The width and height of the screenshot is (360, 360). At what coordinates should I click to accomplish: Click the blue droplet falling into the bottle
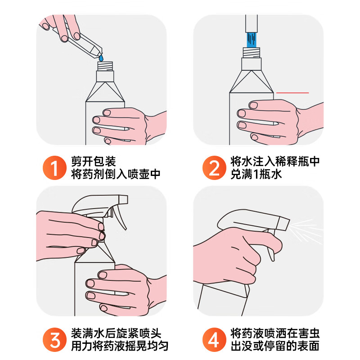pyautogui.click(x=101, y=58)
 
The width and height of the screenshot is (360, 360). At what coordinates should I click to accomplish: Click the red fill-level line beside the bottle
pyautogui.click(x=292, y=93)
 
